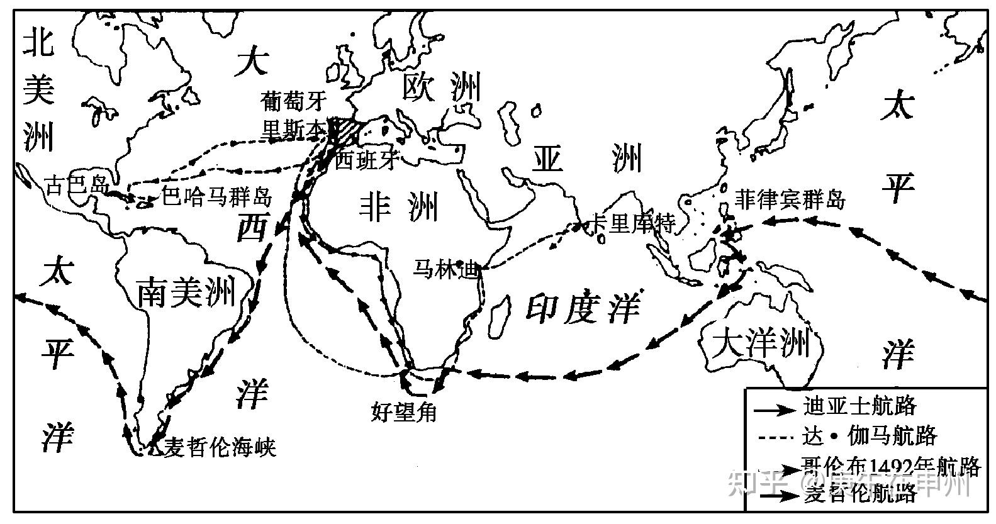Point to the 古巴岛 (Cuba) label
pyautogui.click(x=77, y=186)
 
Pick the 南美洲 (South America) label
pyautogui.click(x=186, y=291)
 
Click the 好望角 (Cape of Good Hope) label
pyautogui.click(x=404, y=412)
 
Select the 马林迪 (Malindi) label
pyautogui.click(x=445, y=268)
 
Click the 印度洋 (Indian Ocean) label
pyautogui.click(x=583, y=309)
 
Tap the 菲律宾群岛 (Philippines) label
pyautogui.click(x=789, y=200)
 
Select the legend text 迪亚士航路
pyautogui.click(x=859, y=406)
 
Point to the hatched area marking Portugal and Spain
pyautogui.click(x=343, y=130)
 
